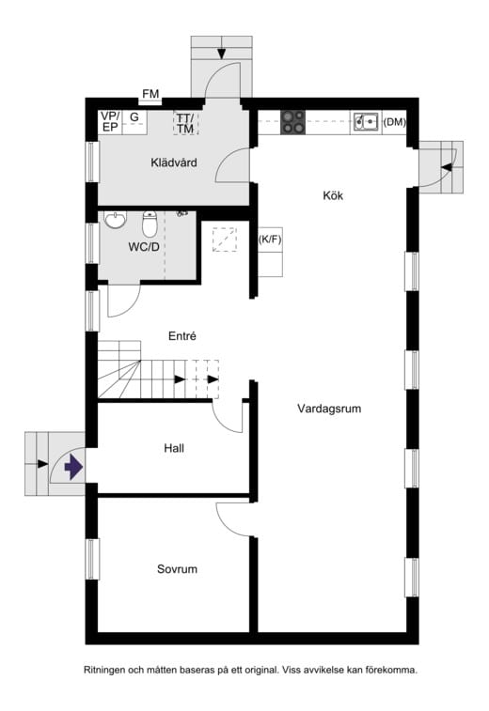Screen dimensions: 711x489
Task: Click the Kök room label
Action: pos(333,196)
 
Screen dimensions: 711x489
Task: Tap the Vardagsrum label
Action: pos(329,410)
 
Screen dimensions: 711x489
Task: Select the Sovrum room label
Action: pos(177,569)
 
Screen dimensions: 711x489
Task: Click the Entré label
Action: pos(181,335)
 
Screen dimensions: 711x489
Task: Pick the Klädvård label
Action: pos(173,162)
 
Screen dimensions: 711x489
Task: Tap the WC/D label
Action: pos(144,248)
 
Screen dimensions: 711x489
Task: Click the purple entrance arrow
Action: pos(74,465)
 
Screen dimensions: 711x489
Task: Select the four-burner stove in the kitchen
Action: pos(293,121)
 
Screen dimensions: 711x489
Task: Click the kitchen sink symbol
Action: pos(366,121)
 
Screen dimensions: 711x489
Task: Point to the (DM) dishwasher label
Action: pos(394,122)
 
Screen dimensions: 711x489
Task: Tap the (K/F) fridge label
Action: pos(271,240)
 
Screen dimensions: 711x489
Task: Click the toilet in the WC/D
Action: pos(150,224)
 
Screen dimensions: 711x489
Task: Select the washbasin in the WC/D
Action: pos(116,221)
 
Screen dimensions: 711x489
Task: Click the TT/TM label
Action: pos(184,122)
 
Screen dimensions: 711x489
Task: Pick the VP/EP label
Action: pos(110,121)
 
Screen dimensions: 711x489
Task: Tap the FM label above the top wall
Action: pos(151,94)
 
